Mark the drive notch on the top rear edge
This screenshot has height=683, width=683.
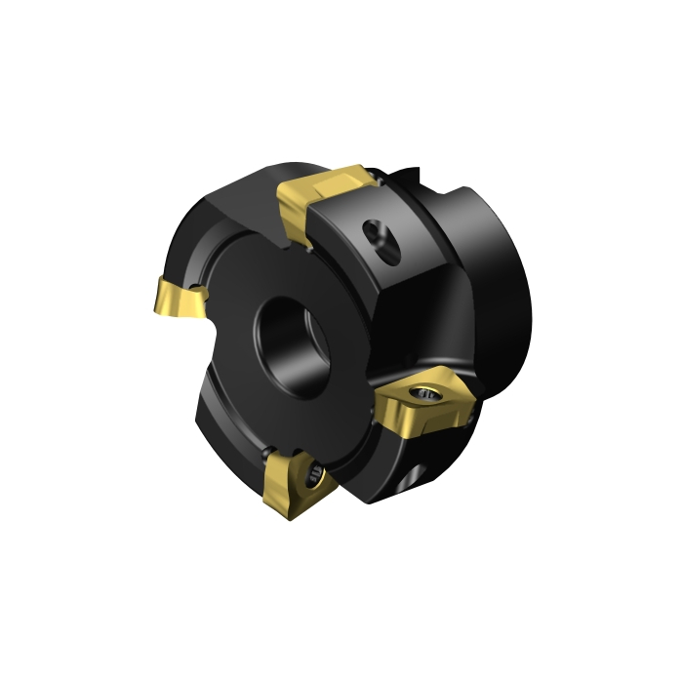[x=410, y=181]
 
